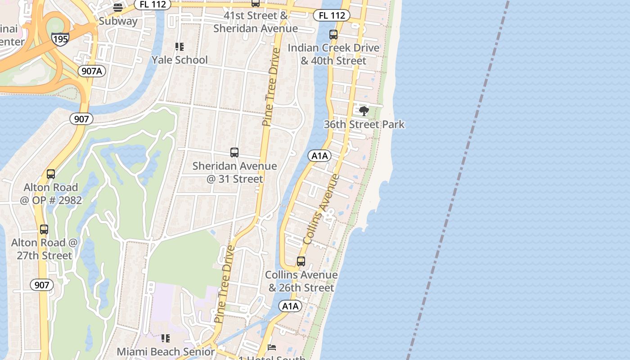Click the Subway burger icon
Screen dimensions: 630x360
tap(118, 7)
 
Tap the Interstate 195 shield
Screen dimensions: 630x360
tap(60, 39)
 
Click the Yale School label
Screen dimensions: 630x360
tap(180, 60)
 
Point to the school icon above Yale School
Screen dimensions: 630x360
tap(180, 47)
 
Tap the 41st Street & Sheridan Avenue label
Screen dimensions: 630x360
tap(255, 22)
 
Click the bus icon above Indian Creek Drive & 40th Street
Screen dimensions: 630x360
tap(333, 35)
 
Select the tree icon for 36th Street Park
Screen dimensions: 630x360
tap(364, 111)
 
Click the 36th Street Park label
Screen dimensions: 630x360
tap(364, 124)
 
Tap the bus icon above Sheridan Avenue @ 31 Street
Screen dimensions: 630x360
tap(234, 153)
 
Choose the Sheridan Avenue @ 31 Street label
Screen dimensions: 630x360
tap(234, 172)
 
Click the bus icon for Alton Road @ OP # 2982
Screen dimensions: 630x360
tap(51, 174)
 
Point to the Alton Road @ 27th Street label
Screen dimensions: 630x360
tap(45, 249)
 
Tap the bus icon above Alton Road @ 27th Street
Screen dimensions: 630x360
tap(44, 229)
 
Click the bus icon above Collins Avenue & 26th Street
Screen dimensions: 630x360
tap(301, 261)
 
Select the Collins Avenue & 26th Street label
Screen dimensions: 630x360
tap(301, 281)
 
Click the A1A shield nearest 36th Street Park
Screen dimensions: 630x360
tap(319, 156)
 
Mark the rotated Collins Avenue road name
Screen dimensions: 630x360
tap(321, 209)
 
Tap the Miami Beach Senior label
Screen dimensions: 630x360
tap(166, 351)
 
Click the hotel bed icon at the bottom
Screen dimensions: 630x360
tap(272, 347)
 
